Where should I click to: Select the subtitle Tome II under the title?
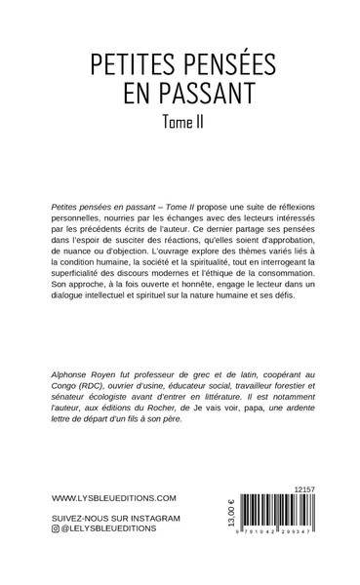click(180, 123)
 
